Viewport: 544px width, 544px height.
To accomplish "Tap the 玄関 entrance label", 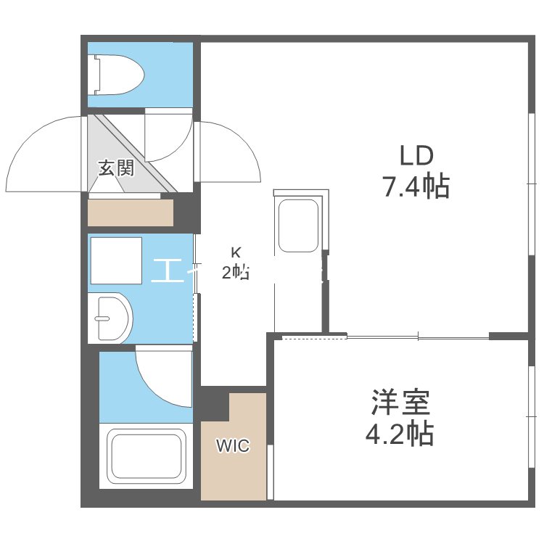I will (116, 169).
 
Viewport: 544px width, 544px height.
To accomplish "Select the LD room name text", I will (416, 155).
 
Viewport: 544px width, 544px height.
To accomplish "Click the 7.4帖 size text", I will (416, 187).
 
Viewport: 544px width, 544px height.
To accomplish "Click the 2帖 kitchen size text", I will (236, 272).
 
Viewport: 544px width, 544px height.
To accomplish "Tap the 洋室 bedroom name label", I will (400, 401).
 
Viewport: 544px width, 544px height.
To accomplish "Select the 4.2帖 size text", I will (400, 434).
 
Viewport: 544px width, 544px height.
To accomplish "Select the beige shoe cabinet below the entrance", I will (131, 213).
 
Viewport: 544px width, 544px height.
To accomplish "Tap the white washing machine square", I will (115, 260).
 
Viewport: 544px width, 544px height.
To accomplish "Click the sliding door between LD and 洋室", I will (417, 337).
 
